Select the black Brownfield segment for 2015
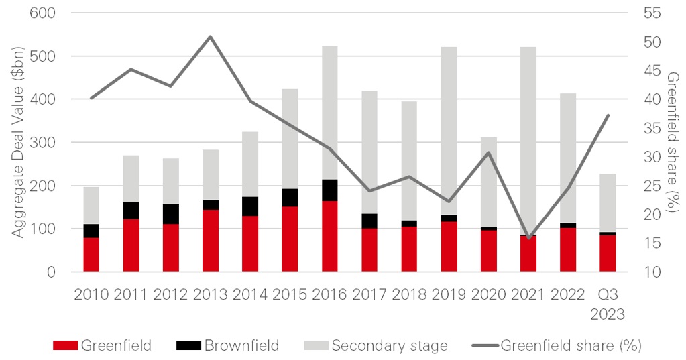click(x=290, y=198)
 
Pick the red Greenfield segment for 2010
click(x=91, y=254)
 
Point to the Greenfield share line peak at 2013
click(x=210, y=36)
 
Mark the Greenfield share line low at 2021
click(x=528, y=238)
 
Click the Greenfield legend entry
click(x=102, y=346)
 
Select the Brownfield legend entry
click(x=227, y=346)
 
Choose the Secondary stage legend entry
click(x=376, y=346)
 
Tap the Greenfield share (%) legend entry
click(x=557, y=346)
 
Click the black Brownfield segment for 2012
click(x=170, y=214)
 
